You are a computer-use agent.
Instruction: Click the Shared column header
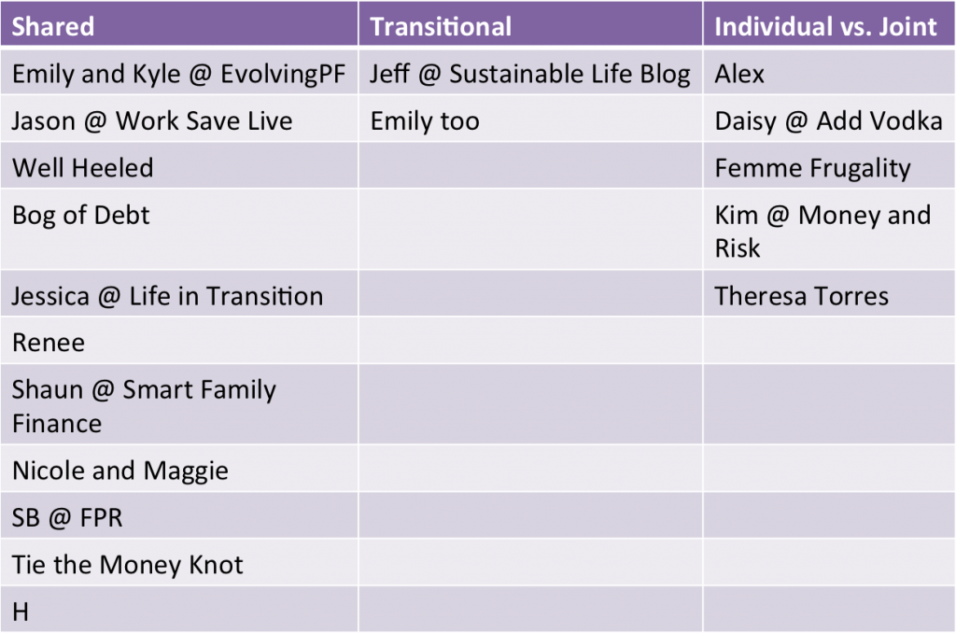click(53, 26)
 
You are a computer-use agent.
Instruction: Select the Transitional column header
click(441, 26)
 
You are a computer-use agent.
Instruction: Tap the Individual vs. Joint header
click(825, 26)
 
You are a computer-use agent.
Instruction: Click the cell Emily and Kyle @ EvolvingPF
click(178, 74)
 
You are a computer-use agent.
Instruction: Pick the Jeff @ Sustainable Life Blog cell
click(530, 74)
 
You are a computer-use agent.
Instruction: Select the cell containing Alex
click(739, 74)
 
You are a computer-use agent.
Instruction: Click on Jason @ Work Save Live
click(152, 120)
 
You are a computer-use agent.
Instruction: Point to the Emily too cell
click(425, 120)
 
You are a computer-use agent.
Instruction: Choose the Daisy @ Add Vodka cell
click(829, 120)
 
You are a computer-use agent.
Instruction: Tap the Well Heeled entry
click(82, 168)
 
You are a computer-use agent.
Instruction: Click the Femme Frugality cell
click(812, 168)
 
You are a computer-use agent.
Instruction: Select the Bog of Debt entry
click(80, 216)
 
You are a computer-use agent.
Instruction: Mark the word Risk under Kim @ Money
click(738, 248)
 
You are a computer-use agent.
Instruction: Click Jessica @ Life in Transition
click(167, 296)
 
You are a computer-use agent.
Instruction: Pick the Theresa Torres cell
click(801, 296)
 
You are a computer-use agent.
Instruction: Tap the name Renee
click(49, 343)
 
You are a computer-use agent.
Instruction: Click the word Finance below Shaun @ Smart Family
click(57, 423)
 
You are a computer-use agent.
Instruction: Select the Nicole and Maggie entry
click(120, 471)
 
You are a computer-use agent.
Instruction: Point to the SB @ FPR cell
click(67, 518)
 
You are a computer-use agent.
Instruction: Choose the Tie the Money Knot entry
click(127, 565)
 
